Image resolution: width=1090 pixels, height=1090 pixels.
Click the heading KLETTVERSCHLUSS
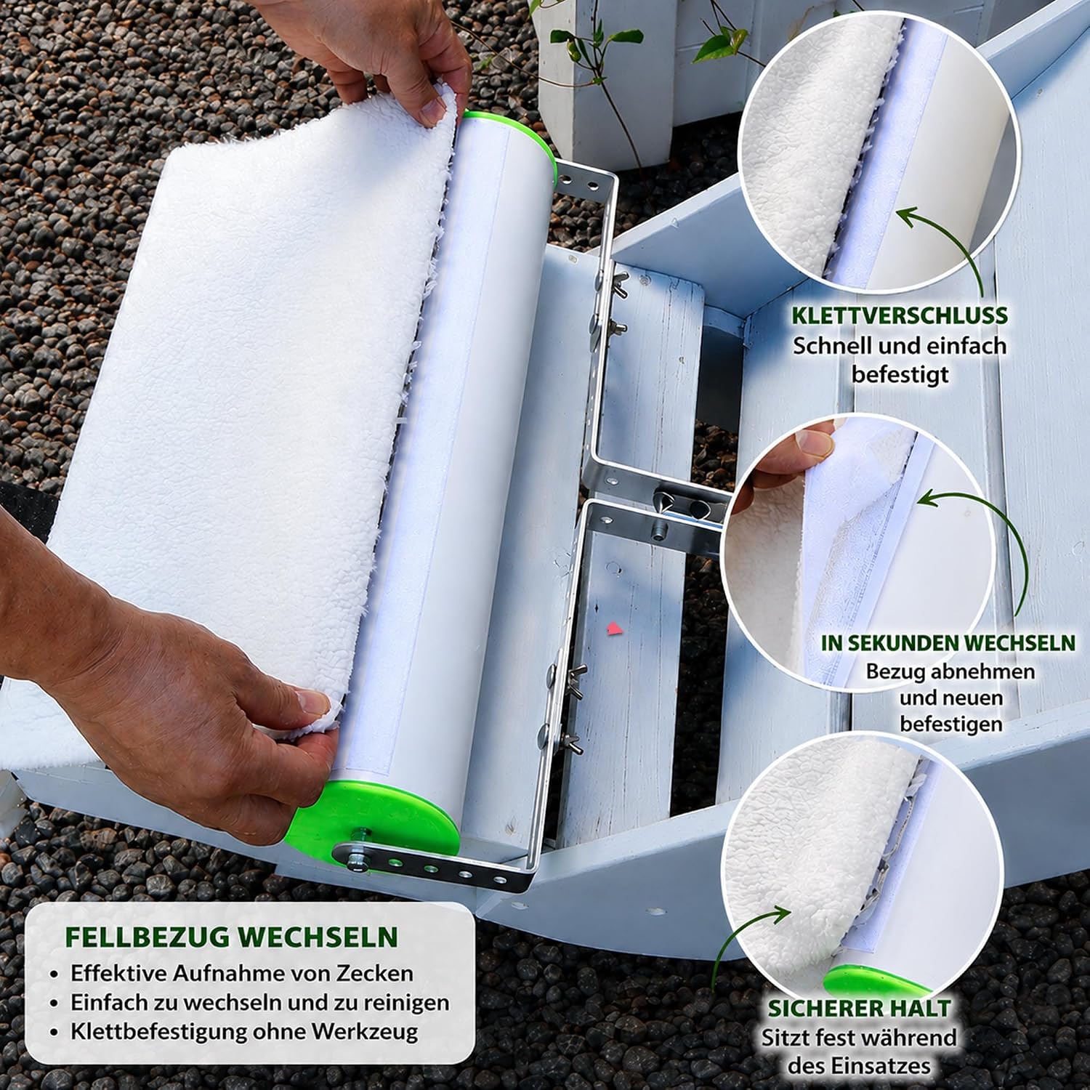(900, 315)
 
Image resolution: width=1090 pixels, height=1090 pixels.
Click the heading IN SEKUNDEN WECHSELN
(948, 642)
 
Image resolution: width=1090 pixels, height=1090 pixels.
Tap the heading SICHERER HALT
(859, 1009)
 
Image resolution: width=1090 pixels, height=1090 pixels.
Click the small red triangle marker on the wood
(615, 627)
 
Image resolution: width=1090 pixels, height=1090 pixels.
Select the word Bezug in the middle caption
(893, 671)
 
